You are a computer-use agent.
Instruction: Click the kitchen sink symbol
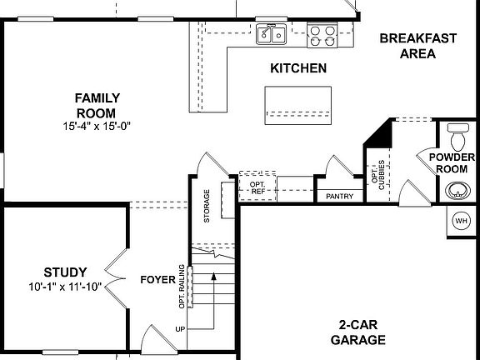(x=271, y=34)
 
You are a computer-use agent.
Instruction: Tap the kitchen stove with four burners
(x=322, y=34)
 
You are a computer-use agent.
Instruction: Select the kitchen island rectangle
(x=297, y=102)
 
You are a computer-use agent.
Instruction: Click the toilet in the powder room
(x=457, y=133)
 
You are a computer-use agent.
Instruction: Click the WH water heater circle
(x=461, y=221)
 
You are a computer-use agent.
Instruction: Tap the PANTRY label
(x=339, y=197)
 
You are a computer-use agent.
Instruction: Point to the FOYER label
(x=156, y=279)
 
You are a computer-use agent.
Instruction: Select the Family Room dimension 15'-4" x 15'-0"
(x=97, y=126)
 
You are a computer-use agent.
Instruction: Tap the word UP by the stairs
(x=179, y=329)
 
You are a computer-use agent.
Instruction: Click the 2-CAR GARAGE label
(x=362, y=332)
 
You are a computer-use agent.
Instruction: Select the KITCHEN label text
(x=297, y=68)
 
